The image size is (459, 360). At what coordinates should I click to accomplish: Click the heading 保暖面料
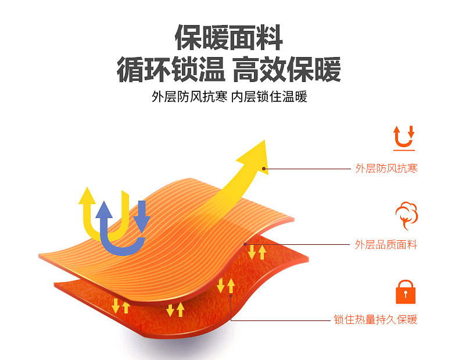(x=229, y=38)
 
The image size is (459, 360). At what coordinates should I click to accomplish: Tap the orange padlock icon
(x=405, y=293)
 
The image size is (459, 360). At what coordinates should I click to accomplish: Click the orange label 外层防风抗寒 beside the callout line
(x=386, y=169)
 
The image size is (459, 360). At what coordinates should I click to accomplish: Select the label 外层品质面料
(x=386, y=245)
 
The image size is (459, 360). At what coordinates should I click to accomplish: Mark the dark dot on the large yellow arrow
(x=264, y=169)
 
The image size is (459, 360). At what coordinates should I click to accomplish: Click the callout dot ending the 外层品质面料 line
(x=246, y=244)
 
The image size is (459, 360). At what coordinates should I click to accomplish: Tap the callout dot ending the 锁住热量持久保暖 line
(x=231, y=295)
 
